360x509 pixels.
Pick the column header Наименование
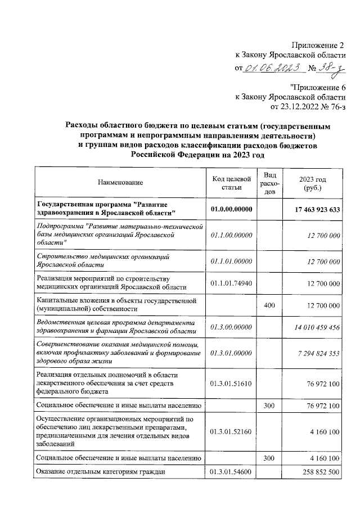[x=120, y=182]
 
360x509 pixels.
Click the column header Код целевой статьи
[x=231, y=182]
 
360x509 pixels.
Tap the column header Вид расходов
[x=268, y=182]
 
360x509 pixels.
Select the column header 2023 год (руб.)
[x=313, y=182]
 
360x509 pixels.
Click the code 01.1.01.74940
[x=231, y=283]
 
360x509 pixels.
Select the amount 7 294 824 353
[x=317, y=353]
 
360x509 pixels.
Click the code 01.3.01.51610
[x=231, y=383]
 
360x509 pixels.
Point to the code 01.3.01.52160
[x=231, y=431]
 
